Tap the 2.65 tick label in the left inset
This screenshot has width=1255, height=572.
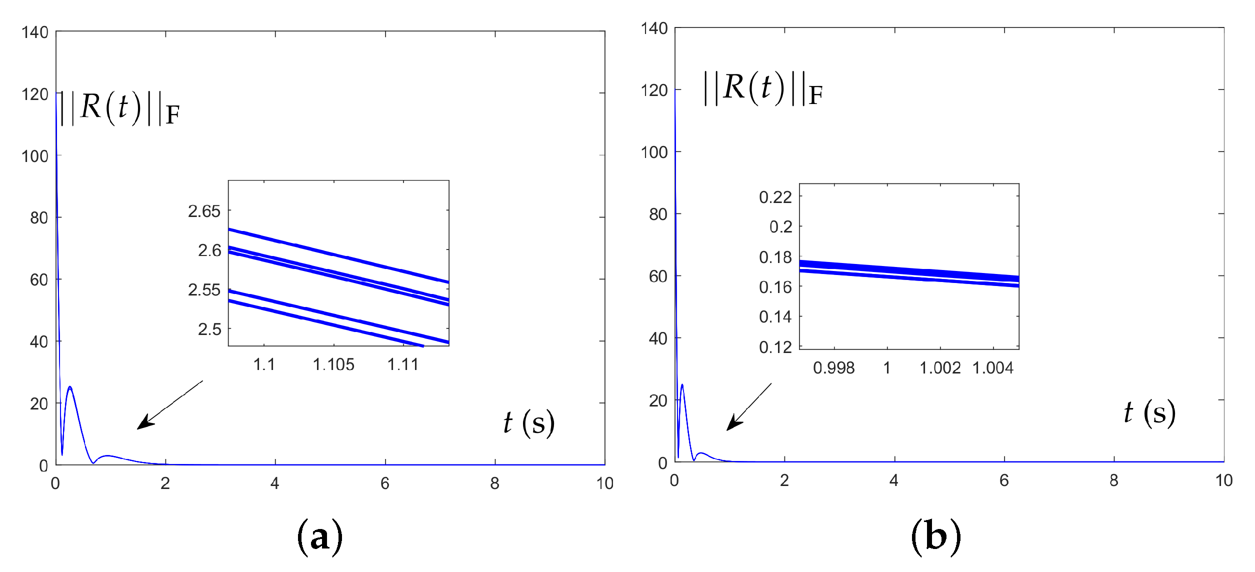pyautogui.click(x=204, y=211)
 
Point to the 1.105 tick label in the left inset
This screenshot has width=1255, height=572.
pyautogui.click(x=333, y=364)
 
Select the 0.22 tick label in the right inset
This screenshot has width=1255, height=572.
pyautogui.click(x=775, y=197)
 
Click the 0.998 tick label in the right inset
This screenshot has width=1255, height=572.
pyautogui.click(x=833, y=368)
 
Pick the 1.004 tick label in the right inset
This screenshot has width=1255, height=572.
pyautogui.click(x=992, y=368)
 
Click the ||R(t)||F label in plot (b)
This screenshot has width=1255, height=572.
pyautogui.click(x=763, y=88)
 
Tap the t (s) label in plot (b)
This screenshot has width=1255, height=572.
pyautogui.click(x=1149, y=413)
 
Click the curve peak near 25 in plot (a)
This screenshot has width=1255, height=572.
pyautogui.click(x=69, y=387)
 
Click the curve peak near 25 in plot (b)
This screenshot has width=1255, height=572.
pyautogui.click(x=682, y=385)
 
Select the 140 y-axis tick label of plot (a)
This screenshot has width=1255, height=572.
pyautogui.click(x=34, y=32)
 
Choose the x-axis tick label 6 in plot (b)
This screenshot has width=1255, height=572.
pyautogui.click(x=1004, y=480)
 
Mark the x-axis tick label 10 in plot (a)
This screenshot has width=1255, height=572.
pyautogui.click(x=604, y=483)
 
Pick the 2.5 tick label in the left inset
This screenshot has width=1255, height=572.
pyautogui.click(x=209, y=329)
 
